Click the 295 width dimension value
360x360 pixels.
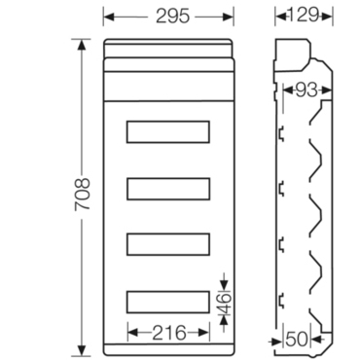coord(172,16)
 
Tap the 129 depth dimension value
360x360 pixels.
coord(304,15)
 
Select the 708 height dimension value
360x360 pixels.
coord(82,195)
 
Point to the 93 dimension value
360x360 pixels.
coord(306,90)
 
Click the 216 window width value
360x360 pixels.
coord(169,333)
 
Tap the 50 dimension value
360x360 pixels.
coord(297,340)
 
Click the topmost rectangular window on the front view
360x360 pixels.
coord(168,131)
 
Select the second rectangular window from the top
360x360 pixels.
coord(168,189)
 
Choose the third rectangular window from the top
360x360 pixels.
coord(168,244)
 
